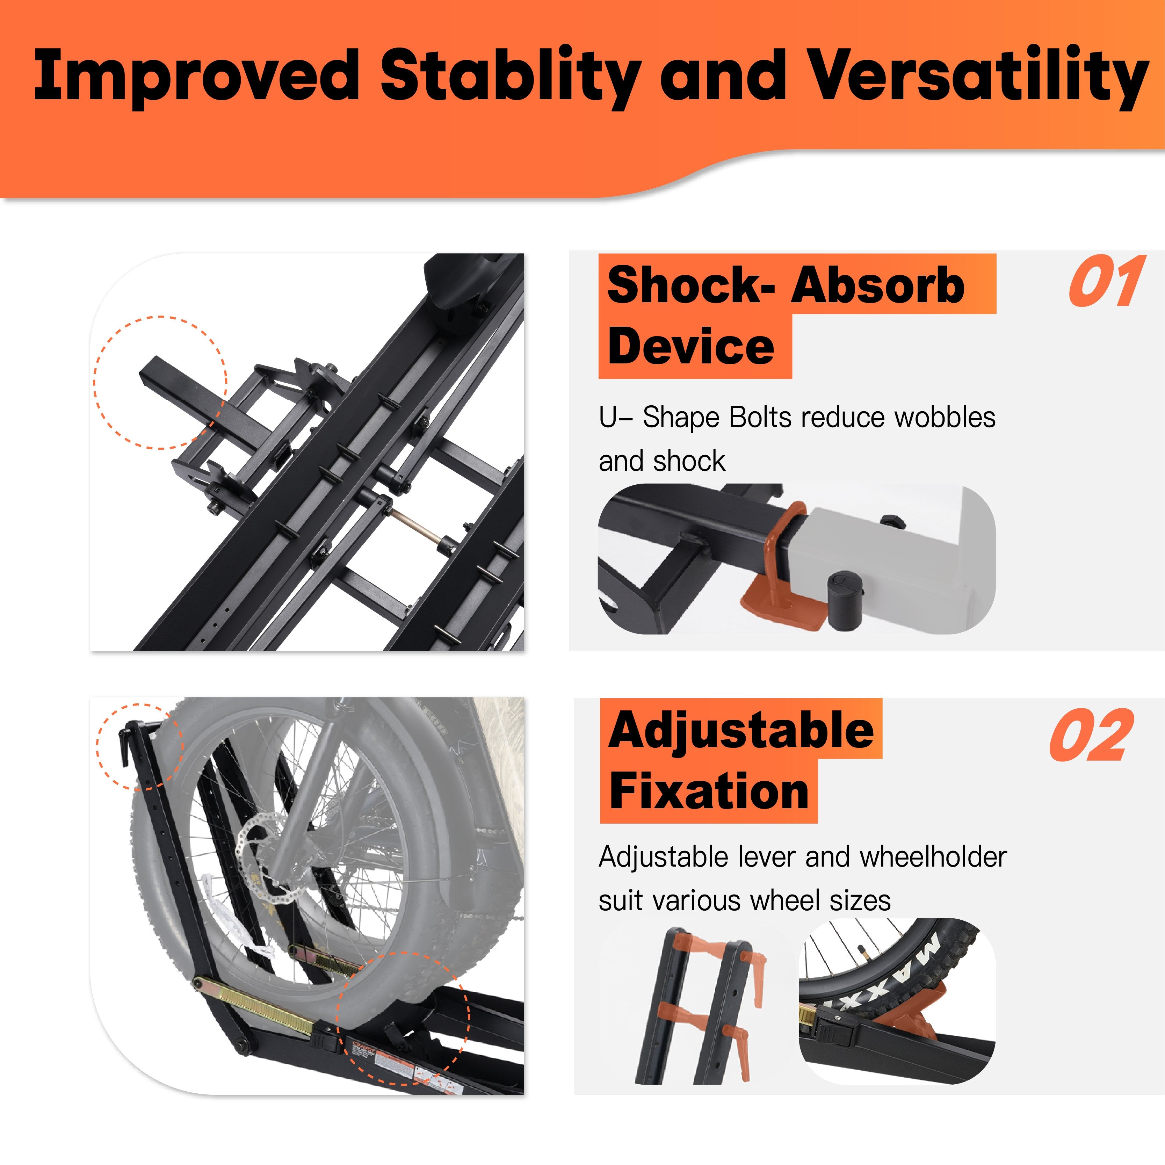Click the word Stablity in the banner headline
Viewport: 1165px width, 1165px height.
(509, 75)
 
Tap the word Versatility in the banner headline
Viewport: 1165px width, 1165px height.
(977, 75)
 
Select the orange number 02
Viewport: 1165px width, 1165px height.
(1091, 735)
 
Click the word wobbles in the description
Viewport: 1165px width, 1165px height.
(944, 417)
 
